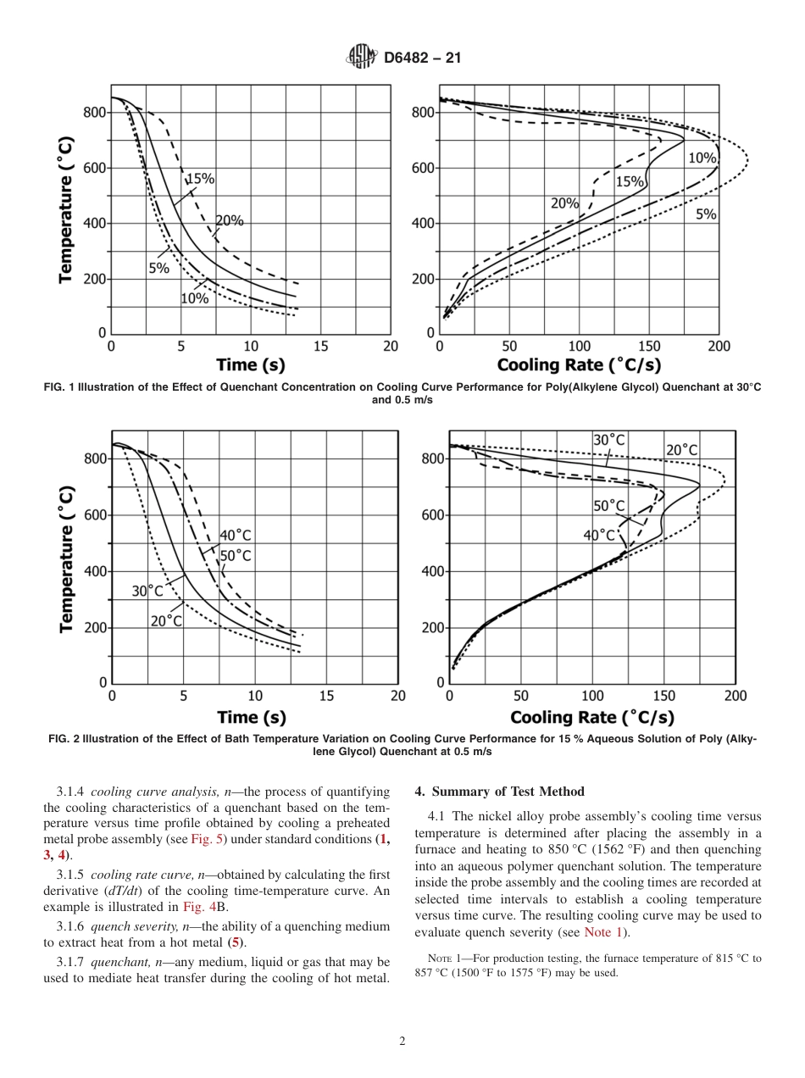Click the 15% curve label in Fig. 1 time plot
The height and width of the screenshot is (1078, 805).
[200, 179]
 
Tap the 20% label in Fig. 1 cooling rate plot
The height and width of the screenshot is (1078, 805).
[564, 203]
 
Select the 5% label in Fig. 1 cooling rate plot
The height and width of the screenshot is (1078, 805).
[706, 214]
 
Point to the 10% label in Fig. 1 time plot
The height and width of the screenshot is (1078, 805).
[194, 298]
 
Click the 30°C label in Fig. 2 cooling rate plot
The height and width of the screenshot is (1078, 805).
[608, 440]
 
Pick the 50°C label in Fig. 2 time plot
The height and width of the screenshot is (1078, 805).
[236, 556]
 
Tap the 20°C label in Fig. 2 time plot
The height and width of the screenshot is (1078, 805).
[166, 621]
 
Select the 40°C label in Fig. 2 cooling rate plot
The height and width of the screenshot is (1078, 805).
[599, 536]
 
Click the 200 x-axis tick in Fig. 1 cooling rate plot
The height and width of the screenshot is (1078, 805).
[719, 346]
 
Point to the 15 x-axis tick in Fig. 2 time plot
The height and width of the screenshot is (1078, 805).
[326, 697]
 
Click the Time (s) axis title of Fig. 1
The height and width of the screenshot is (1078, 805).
[251, 365]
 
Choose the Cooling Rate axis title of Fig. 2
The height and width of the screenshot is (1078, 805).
[592, 718]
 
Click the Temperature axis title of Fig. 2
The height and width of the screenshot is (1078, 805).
[67, 560]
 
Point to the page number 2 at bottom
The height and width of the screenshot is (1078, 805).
[402, 1042]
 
